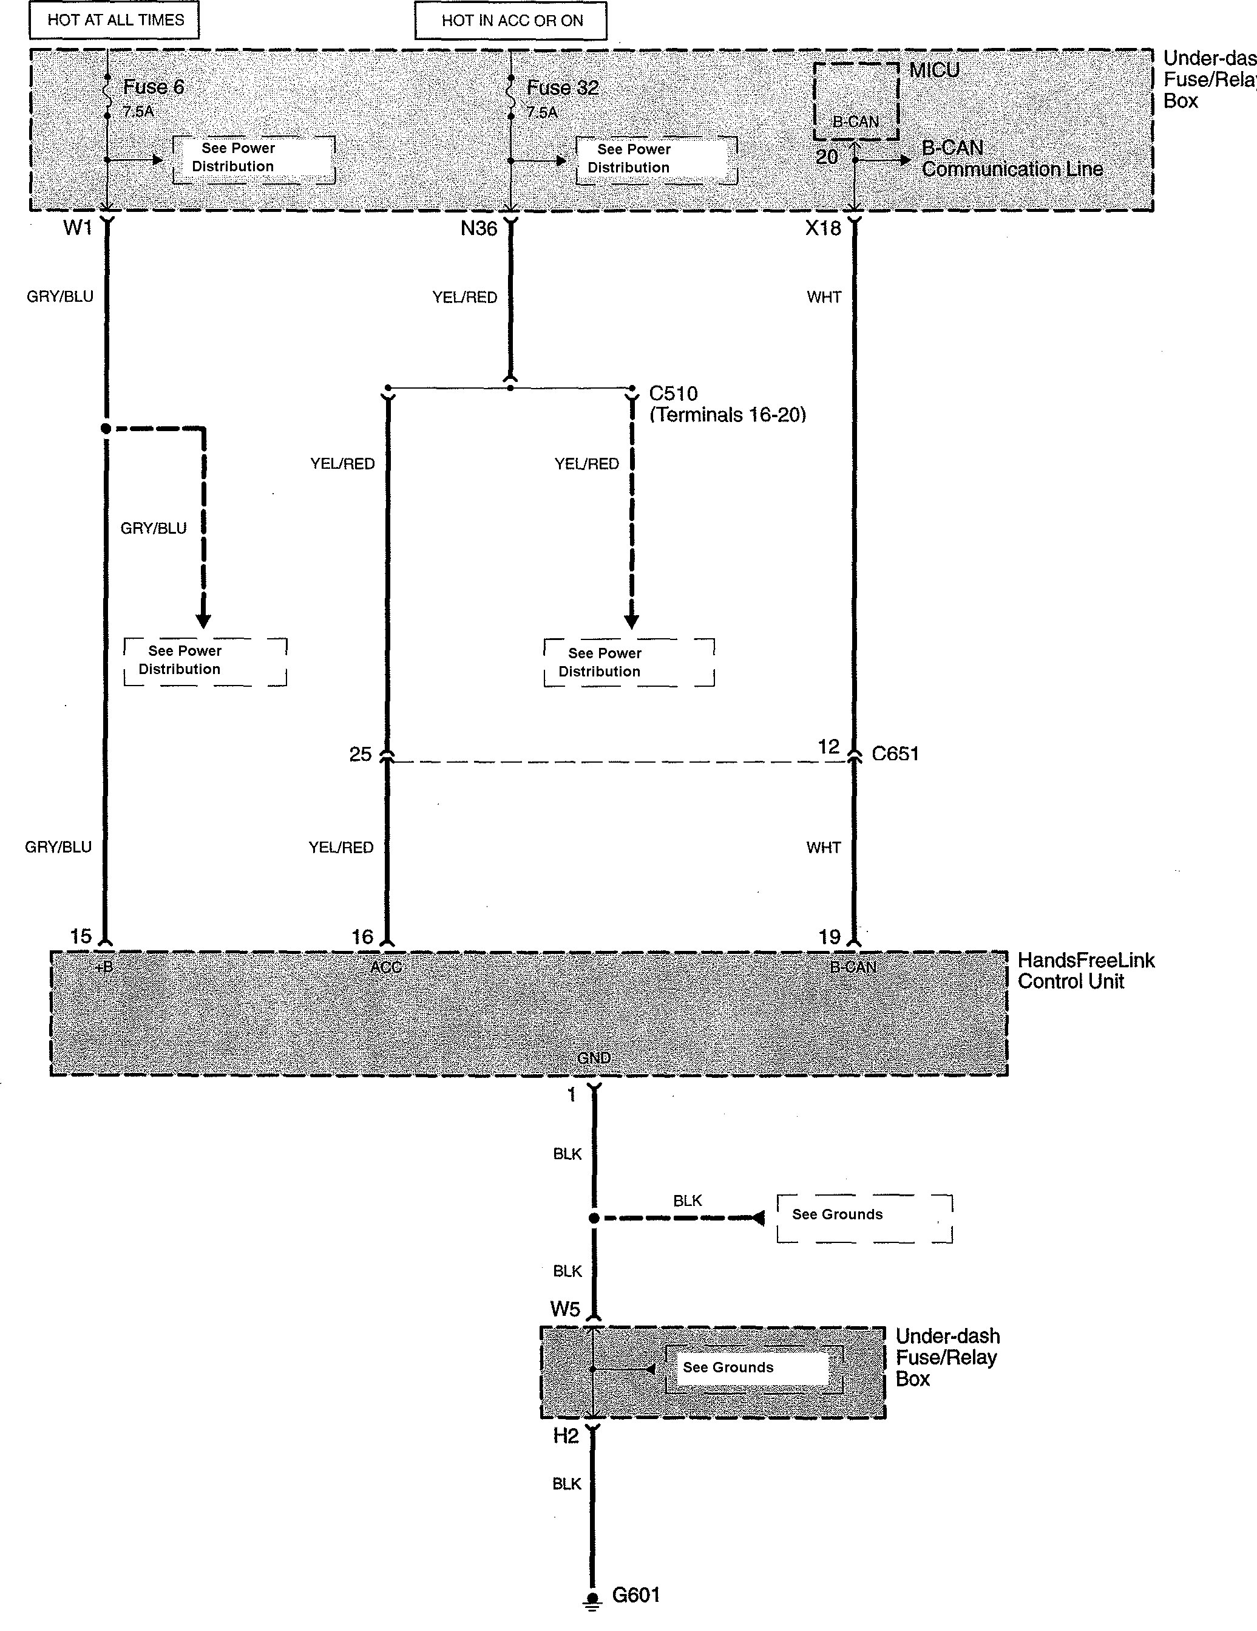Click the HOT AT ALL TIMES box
pos(115,20)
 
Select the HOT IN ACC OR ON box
pos(511,21)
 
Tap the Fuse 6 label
pos(153,87)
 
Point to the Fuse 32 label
pos(562,88)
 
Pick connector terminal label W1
pos(78,228)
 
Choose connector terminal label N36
pos(478,228)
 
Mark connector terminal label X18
pos(822,228)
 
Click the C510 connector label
pos(673,393)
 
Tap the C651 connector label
pos(895,754)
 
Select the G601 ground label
pos(636,1595)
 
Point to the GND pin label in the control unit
pos(594,1057)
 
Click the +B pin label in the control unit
pos(104,967)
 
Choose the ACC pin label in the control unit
pos(386,967)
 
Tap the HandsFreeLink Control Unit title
pos(1085,970)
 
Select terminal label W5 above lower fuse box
pos(565,1309)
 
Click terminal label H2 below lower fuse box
pos(566,1435)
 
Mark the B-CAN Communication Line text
pos(1011,158)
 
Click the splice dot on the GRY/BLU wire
pos(106,429)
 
